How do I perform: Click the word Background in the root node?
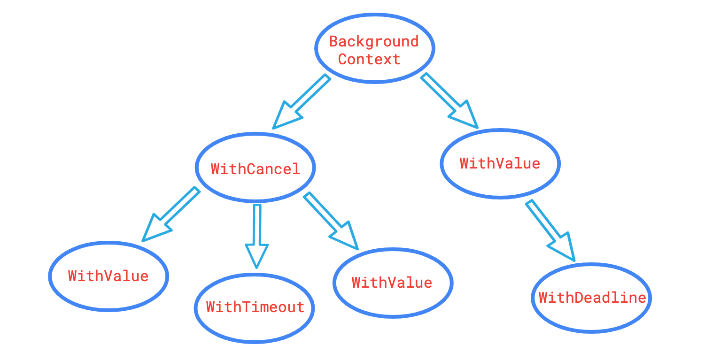(373, 42)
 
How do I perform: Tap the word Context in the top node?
(369, 60)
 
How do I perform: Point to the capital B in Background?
(334, 42)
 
